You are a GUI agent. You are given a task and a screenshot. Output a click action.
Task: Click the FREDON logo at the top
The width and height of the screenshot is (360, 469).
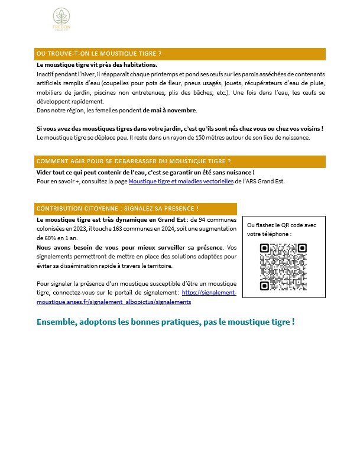tap(60, 21)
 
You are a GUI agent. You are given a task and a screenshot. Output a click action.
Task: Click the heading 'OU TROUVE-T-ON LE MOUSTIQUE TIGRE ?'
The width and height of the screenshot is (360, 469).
tap(99, 54)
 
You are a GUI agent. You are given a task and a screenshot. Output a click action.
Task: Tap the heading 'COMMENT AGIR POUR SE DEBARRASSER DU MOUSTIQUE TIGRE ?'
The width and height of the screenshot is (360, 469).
tap(134, 161)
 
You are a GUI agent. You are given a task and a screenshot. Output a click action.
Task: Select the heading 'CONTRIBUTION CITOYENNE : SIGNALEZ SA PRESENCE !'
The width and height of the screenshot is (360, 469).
tap(118, 209)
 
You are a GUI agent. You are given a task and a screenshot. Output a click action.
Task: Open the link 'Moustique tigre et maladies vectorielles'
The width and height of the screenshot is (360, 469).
tap(181, 182)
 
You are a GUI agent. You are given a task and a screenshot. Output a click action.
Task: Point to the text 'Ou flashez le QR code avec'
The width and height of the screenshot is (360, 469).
tap(281, 225)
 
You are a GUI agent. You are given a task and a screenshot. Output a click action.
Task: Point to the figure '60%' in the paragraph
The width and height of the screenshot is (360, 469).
tap(44, 238)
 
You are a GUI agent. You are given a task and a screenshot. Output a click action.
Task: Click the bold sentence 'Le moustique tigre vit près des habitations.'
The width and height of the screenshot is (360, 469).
tap(97, 64)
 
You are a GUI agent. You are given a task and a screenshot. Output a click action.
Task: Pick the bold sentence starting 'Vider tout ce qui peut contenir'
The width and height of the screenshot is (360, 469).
tap(145, 172)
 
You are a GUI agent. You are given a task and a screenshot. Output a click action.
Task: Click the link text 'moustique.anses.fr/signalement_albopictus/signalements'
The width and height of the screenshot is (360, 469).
tap(113, 302)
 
